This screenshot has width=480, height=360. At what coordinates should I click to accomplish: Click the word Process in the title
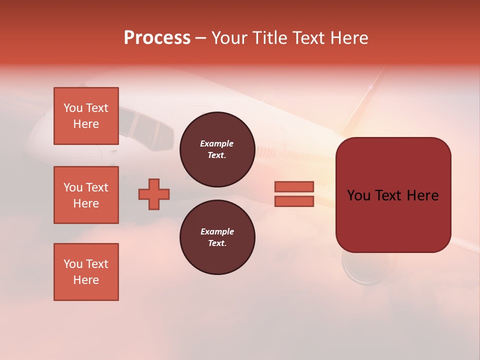tap(157, 38)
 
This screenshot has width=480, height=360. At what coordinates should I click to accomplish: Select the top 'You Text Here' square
tap(86, 116)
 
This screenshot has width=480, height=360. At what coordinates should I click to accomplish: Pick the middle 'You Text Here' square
tap(86, 195)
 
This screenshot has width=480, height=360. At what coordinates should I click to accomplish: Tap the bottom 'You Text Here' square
tap(86, 272)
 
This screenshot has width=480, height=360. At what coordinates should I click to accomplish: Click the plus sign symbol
tap(154, 194)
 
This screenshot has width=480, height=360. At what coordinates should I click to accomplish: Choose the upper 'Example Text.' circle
tap(217, 149)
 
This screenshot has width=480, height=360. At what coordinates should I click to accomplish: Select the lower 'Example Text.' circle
tap(217, 237)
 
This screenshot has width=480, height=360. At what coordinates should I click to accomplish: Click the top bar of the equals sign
tap(294, 186)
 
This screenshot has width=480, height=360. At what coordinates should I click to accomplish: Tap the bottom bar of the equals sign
tap(294, 201)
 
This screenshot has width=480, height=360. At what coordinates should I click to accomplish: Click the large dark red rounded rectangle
tap(393, 195)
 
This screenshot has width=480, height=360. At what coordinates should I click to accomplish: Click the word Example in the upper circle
tap(217, 143)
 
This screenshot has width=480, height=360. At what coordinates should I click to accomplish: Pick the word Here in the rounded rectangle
tap(422, 195)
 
